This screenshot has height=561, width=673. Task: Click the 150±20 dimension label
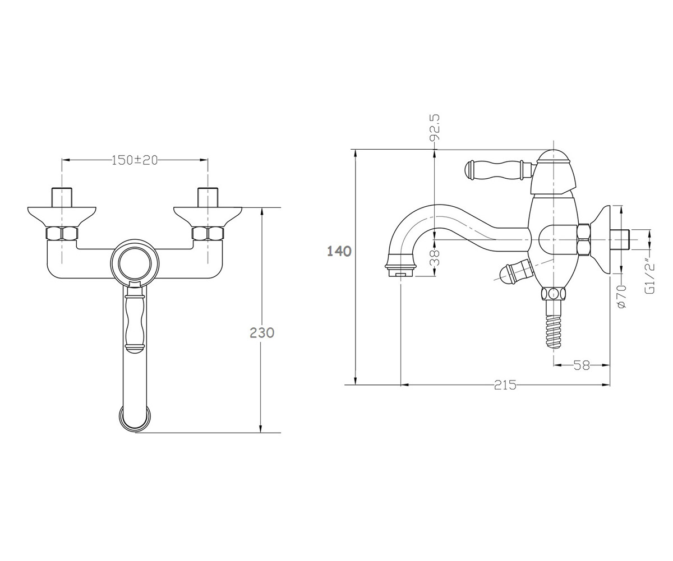(135, 160)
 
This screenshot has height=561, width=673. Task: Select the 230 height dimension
(262, 333)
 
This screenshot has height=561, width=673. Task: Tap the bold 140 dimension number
(339, 251)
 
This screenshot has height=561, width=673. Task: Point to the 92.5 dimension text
(434, 128)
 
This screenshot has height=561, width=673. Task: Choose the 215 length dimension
(505, 385)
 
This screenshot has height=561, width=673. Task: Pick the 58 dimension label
(582, 365)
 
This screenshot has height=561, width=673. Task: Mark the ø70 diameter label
(622, 296)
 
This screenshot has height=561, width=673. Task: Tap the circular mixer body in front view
(135, 263)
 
